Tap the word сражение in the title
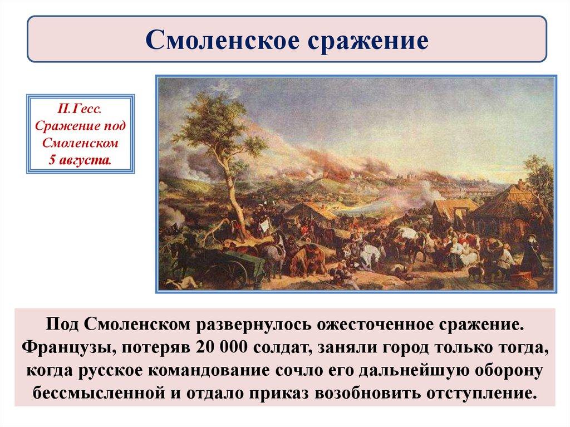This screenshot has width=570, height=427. coord(368,41)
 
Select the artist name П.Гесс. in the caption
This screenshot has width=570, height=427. coord(79,109)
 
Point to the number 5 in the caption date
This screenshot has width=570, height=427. coord(52,160)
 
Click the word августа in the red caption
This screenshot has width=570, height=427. coord(85,160)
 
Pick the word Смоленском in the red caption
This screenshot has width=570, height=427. coord(80,143)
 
